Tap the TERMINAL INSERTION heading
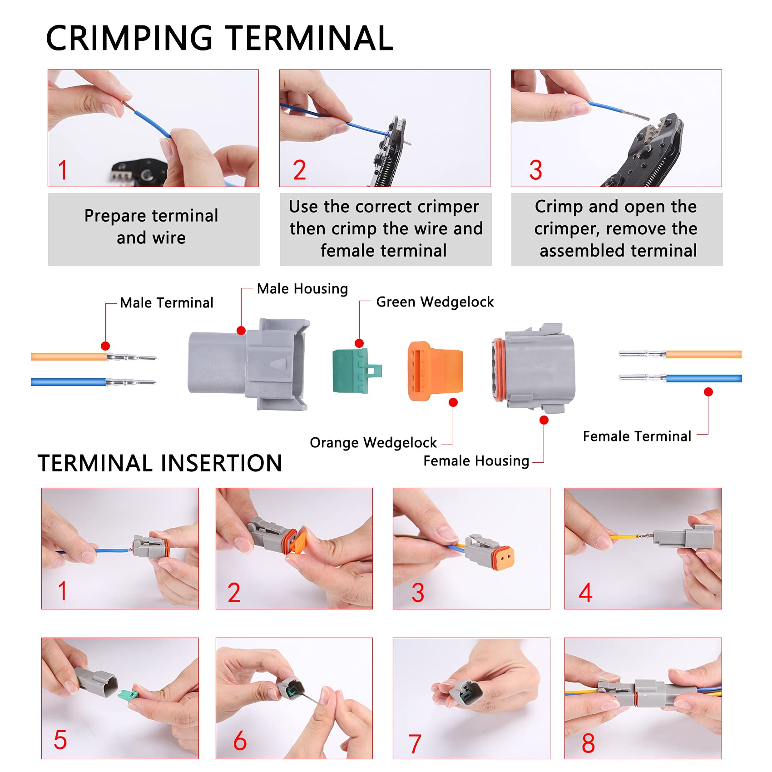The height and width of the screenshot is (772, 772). [160, 464]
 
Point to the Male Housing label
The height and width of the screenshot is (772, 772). [302, 289]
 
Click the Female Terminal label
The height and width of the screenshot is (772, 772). [637, 436]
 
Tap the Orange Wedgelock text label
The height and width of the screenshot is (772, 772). [373, 443]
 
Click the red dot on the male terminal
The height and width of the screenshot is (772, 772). [105, 346]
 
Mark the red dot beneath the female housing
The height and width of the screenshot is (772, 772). [544, 420]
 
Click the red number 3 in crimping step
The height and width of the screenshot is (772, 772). [535, 170]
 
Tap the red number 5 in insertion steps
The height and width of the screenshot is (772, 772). [60, 740]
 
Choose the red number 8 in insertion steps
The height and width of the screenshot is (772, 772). [588, 743]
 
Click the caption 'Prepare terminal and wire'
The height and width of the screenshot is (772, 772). [151, 227]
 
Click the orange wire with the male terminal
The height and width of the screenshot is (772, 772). [68, 357]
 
